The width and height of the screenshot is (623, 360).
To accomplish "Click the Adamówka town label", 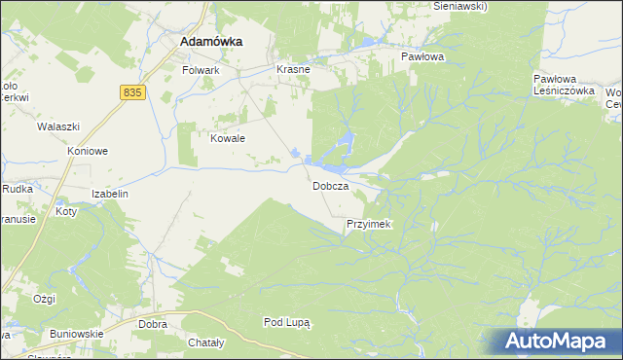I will (x=211, y=43).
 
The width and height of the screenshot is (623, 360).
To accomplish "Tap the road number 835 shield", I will (x=134, y=91).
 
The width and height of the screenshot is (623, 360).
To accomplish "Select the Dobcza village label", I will (x=330, y=186).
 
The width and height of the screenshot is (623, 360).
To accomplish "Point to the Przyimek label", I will (x=368, y=225).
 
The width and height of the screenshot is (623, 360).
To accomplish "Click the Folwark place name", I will (x=202, y=71).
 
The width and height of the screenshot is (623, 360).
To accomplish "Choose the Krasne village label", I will (x=293, y=70).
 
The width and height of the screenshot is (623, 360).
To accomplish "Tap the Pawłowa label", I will (x=422, y=57).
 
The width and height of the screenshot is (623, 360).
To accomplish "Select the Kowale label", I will (x=228, y=138).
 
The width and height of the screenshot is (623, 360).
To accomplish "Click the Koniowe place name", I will (x=87, y=152).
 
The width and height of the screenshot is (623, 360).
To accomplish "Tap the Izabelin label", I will (x=110, y=194).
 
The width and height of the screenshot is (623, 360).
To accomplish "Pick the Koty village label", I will (x=66, y=211).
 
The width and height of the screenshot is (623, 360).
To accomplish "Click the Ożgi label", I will (x=44, y=299).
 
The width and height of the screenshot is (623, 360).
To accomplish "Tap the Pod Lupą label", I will (x=286, y=322).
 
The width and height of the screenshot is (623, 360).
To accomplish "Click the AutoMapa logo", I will (x=555, y=342).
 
